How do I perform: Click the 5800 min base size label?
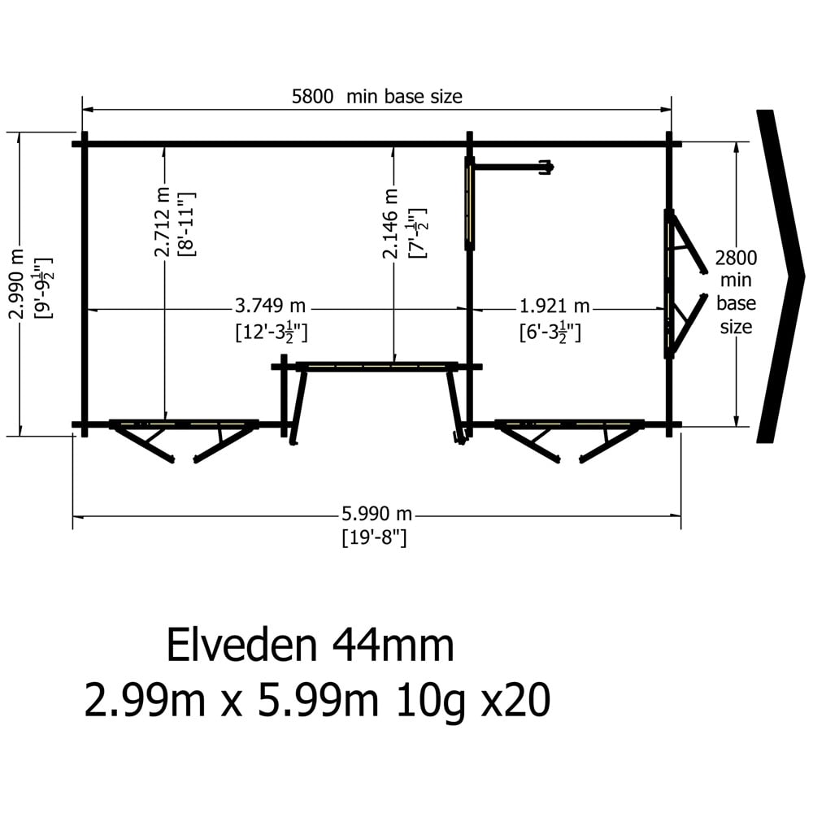(377, 97)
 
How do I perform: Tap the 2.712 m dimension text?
(163, 223)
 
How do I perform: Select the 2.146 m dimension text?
(390, 224)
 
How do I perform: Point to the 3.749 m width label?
(270, 306)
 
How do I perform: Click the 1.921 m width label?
(554, 307)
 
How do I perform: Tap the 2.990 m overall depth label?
(17, 284)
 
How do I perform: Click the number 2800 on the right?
(736, 258)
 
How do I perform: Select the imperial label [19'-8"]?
(374, 537)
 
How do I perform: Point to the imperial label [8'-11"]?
(187, 224)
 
